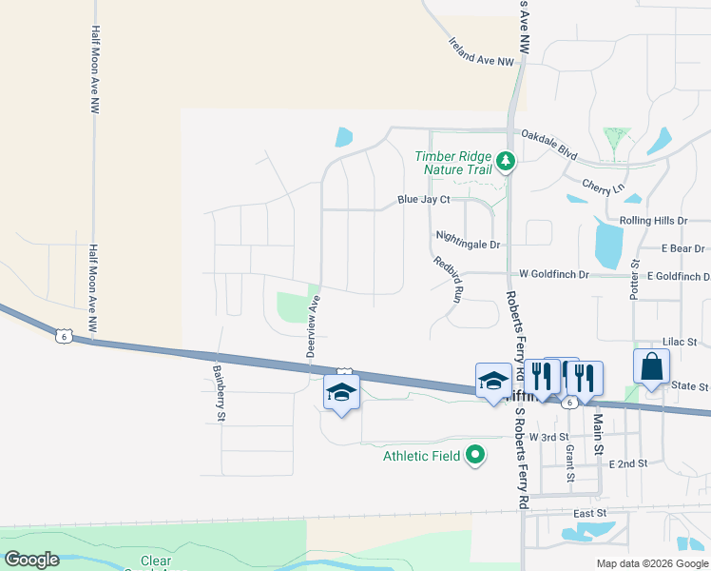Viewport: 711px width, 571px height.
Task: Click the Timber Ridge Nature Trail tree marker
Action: point(506,163)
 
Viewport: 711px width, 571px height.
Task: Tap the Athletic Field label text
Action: point(422,456)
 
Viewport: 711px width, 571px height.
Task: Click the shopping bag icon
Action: point(652,366)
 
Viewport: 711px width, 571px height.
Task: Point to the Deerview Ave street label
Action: point(313,326)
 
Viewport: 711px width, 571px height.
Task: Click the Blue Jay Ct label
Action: point(423,200)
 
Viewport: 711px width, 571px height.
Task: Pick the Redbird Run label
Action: point(447,279)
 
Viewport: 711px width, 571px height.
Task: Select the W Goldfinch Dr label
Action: point(554,274)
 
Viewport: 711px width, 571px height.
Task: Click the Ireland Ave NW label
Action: point(481,52)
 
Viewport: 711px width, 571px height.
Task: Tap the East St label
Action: point(590,512)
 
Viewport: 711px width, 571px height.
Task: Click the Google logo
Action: point(32,560)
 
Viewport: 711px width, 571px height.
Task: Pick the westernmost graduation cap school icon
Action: point(341,391)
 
